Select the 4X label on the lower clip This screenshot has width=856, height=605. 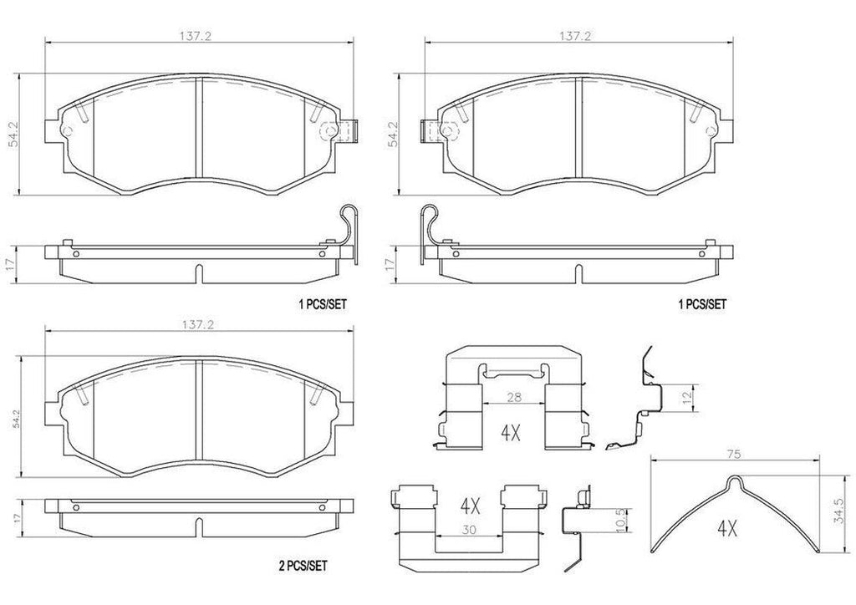click(468, 506)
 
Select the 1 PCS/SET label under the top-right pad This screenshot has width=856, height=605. click(701, 304)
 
